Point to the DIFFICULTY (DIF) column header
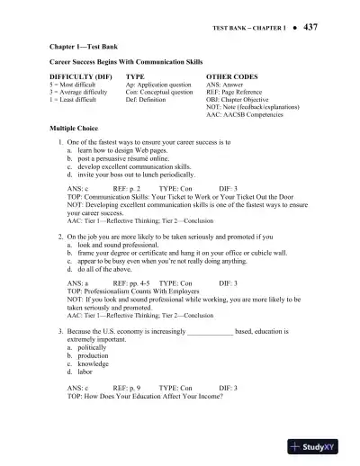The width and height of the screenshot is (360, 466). point(81,78)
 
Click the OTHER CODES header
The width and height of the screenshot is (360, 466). point(232,78)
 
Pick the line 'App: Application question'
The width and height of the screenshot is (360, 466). point(159,86)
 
